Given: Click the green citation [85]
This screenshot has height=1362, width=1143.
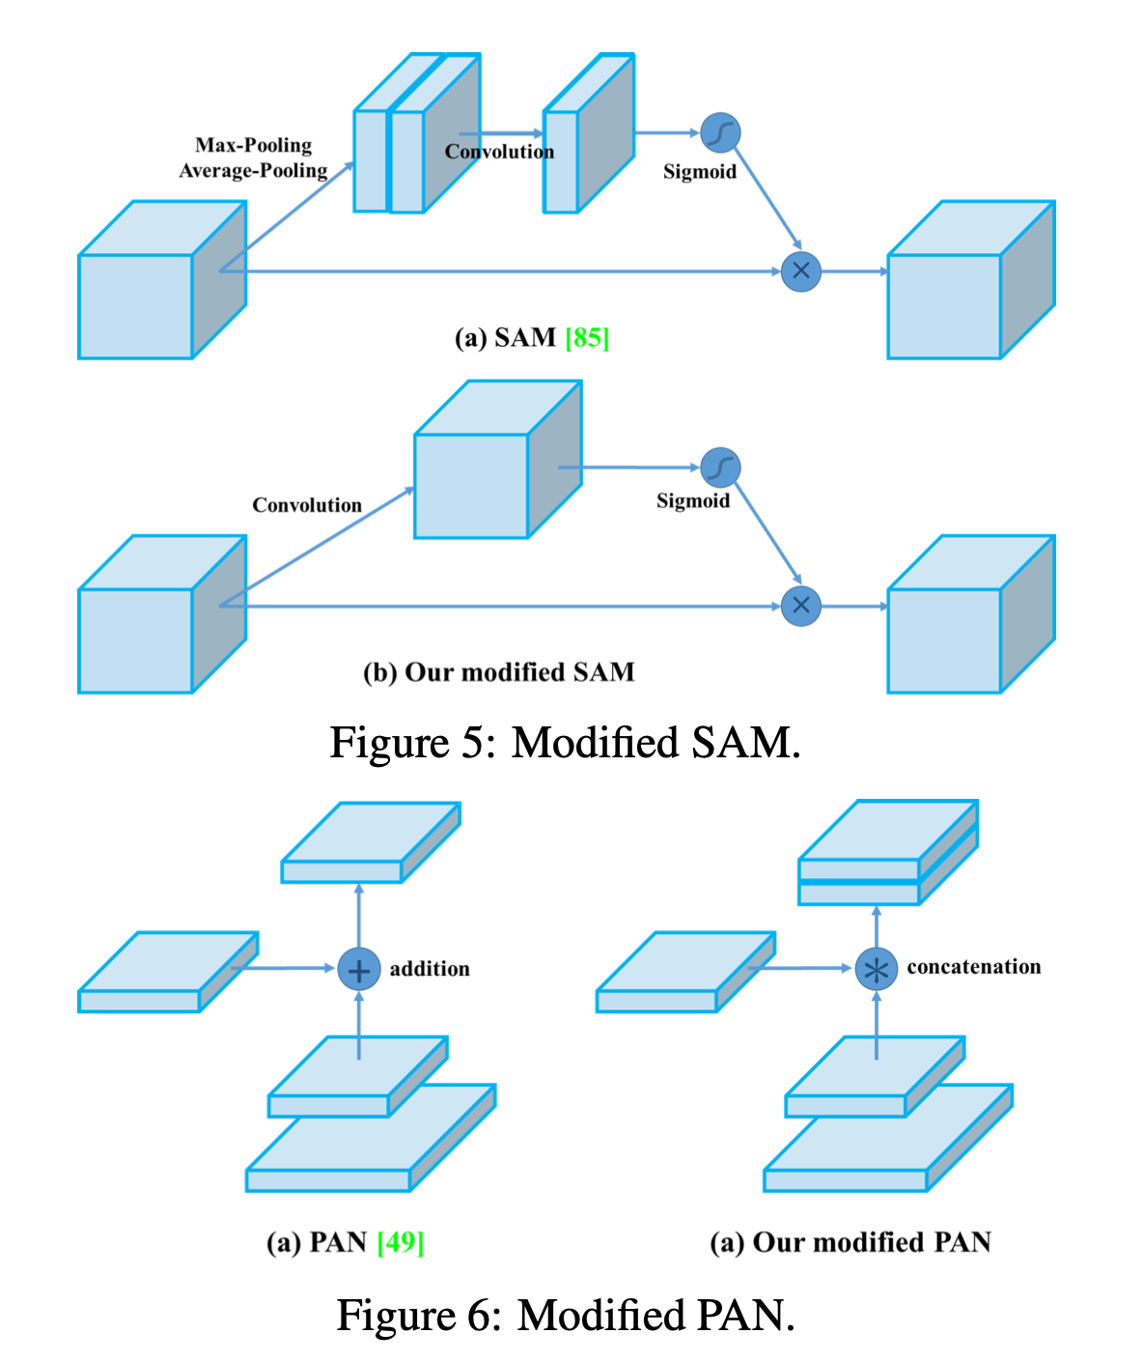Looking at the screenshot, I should [587, 338].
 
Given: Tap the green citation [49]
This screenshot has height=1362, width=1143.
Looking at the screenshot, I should [401, 1241].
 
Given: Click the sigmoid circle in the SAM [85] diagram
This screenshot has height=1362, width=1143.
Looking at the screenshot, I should [720, 133].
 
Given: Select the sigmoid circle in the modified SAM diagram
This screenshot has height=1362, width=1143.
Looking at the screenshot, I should [720, 468].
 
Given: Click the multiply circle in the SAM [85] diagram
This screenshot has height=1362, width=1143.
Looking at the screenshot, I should [801, 271].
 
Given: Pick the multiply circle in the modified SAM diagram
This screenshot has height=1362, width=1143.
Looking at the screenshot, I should [801, 606].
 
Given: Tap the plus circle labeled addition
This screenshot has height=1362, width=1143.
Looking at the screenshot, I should [358, 969].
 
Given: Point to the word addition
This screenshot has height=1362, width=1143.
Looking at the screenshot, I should [430, 969].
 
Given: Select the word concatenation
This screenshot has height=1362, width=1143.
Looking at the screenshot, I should [974, 967].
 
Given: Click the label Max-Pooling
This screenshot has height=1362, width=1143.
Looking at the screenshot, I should [254, 145].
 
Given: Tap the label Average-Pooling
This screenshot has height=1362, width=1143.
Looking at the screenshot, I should [254, 171].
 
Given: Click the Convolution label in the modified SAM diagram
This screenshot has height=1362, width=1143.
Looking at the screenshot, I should [307, 505].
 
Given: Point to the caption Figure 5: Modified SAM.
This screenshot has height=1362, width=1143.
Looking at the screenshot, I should [565, 743].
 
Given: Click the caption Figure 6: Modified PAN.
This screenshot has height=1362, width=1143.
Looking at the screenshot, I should [565, 1315].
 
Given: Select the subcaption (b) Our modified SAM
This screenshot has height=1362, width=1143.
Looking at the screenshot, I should [498, 672].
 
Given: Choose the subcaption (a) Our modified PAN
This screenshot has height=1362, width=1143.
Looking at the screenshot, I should [850, 1242].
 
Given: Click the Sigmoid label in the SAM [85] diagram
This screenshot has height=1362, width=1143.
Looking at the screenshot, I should [700, 172].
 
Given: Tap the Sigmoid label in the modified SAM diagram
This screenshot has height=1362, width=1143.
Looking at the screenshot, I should [693, 500].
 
